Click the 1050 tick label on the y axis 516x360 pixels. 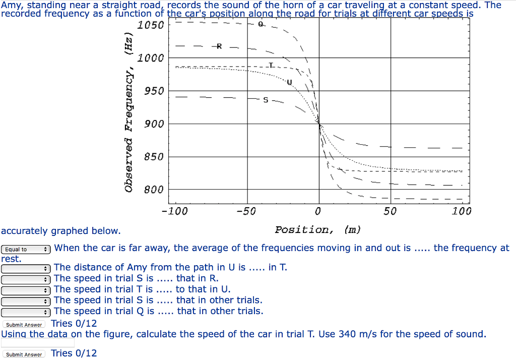click(151, 25)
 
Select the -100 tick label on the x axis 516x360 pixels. click(174, 211)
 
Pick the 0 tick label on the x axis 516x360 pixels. click(318, 211)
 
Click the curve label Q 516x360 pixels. click(261, 24)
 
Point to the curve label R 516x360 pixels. click(219, 47)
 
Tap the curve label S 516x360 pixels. click(266, 100)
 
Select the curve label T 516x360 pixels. click(271, 66)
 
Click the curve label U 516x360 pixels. click(289, 82)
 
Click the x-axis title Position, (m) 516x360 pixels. click(317, 230)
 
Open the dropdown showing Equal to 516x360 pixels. click(26, 249)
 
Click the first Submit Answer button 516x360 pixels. click(24, 325)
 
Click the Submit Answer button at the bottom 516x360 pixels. click(24, 354)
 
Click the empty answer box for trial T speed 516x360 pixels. click(38, 343)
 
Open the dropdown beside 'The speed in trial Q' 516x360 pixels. click(26, 312)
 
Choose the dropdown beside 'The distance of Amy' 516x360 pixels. click(26, 268)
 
